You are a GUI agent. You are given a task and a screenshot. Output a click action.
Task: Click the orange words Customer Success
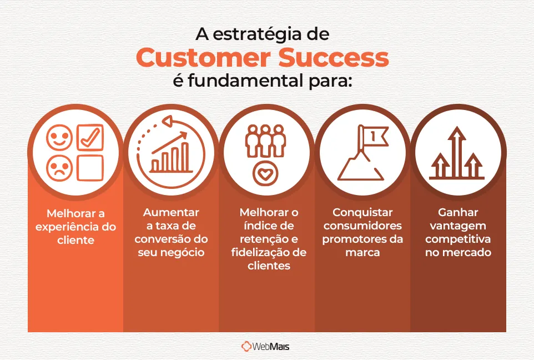click(x=263, y=58)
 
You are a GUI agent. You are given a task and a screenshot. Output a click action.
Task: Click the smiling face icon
click(x=59, y=136)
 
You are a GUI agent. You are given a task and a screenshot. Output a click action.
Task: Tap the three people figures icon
click(x=265, y=141)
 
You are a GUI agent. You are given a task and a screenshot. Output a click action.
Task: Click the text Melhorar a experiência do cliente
click(x=75, y=227)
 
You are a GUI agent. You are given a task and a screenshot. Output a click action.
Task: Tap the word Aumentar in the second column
click(x=171, y=212)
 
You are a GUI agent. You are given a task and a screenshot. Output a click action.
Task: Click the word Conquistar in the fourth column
click(x=362, y=212)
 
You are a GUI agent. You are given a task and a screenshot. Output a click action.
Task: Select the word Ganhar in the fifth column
click(x=458, y=212)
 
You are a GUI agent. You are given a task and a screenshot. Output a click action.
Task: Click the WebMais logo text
click(x=271, y=347)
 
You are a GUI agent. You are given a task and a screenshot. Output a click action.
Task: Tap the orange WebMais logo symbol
click(x=246, y=347)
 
